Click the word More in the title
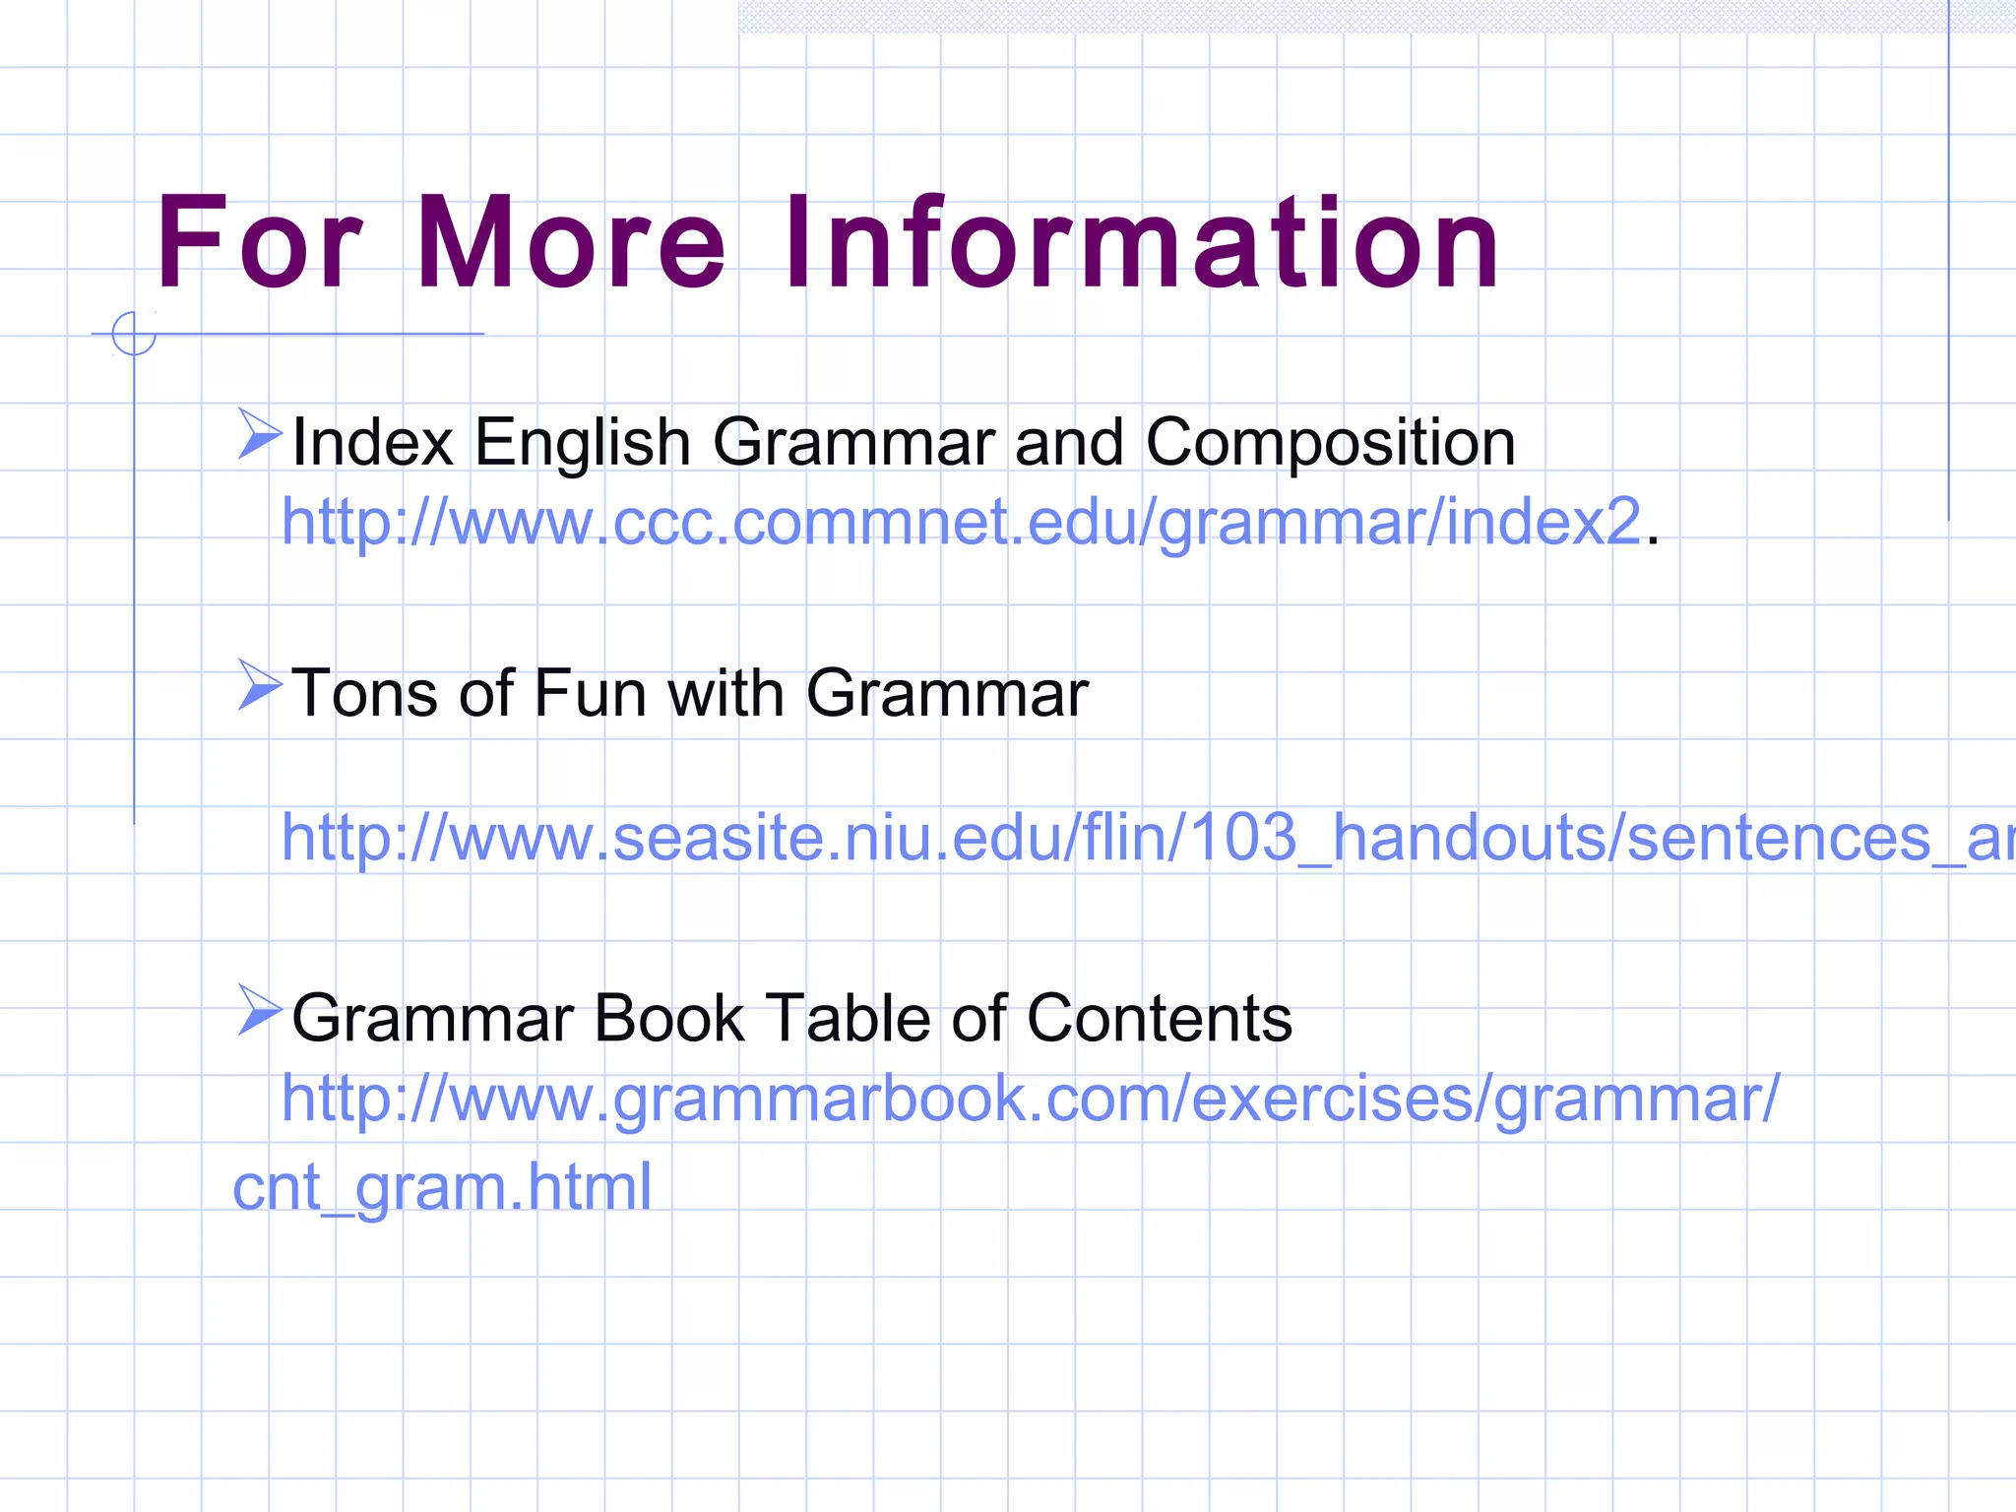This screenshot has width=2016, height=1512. (x=571, y=243)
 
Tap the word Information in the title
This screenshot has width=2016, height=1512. (x=1142, y=243)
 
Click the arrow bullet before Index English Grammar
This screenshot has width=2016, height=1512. (x=259, y=435)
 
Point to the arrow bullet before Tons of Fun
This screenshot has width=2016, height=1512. (x=259, y=685)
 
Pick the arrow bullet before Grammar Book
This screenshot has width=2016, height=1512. (x=259, y=1010)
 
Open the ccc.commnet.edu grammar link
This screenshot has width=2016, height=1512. (x=961, y=522)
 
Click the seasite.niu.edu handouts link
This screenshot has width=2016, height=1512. (x=1142, y=838)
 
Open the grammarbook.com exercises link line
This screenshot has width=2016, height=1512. (x=1030, y=1098)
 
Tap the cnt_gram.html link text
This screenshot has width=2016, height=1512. (x=442, y=1187)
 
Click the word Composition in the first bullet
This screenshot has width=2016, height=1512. (x=1330, y=443)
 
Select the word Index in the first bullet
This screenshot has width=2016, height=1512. (x=372, y=443)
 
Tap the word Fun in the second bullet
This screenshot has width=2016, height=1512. (x=590, y=693)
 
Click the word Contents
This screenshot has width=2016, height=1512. (x=1159, y=1018)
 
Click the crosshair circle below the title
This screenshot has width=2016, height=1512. (x=134, y=334)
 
